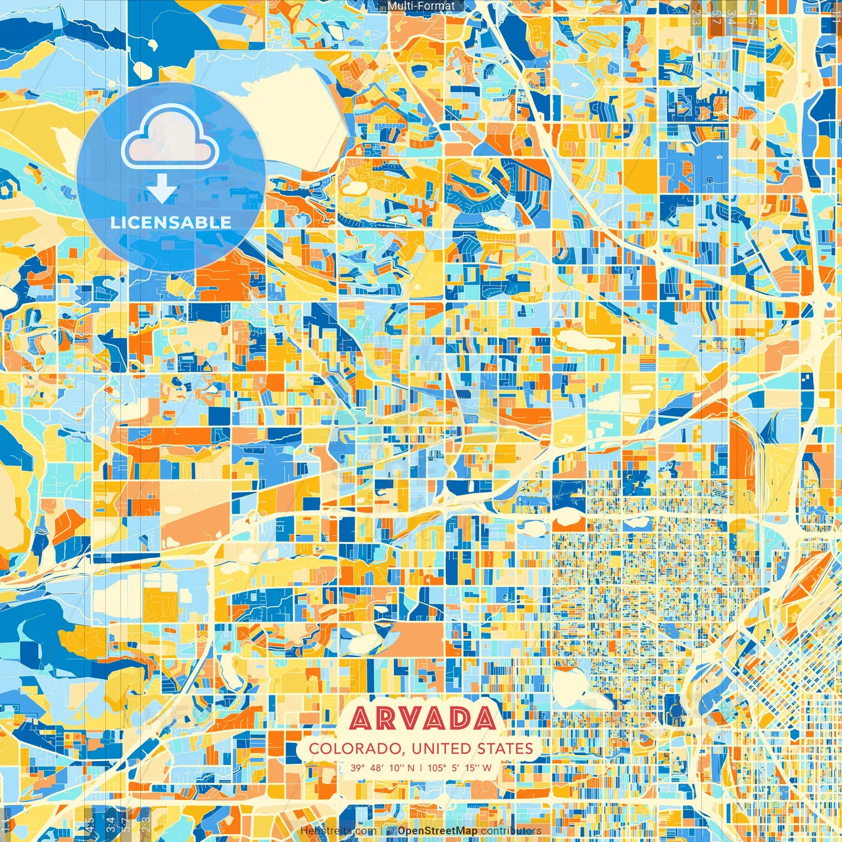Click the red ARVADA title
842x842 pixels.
(423, 718)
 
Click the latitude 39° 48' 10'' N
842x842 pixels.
(382, 768)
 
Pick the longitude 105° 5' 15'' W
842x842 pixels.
(460, 768)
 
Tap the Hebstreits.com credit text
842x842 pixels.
(337, 831)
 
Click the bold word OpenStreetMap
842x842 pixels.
(437, 831)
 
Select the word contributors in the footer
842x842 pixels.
(511, 831)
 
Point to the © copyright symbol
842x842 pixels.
(390, 831)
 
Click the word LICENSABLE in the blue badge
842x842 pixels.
(171, 222)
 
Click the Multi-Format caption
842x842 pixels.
(421, 6)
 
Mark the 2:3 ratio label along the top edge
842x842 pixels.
(696, 17)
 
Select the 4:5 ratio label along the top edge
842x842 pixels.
(753, 17)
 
